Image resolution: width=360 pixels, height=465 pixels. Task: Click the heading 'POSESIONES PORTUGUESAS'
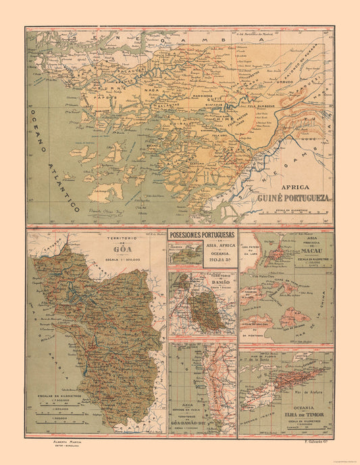tap(202, 237)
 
